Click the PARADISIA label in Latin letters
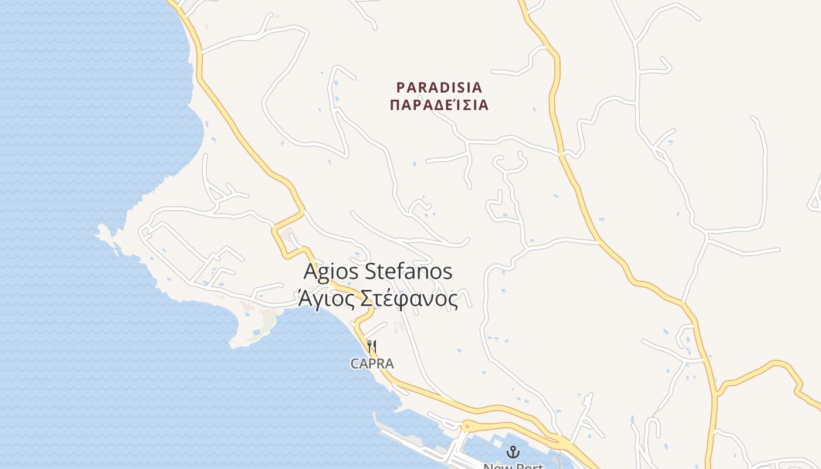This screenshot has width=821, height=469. (439, 87)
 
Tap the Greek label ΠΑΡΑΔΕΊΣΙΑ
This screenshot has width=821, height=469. (439, 106)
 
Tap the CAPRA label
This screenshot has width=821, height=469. (372, 363)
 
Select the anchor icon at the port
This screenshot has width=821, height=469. (513, 451)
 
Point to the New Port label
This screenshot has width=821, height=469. (513, 465)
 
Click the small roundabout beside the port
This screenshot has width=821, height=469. (467, 426)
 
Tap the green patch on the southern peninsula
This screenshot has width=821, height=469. (269, 320)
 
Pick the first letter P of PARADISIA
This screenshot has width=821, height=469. (401, 87)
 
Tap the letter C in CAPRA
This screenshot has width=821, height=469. (355, 363)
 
